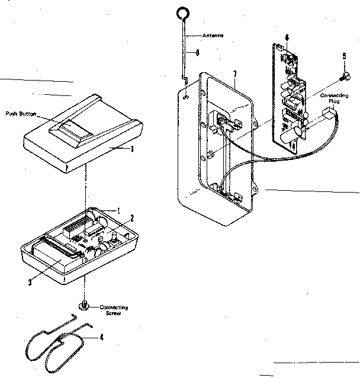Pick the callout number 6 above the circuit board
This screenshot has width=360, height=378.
pos(287,38)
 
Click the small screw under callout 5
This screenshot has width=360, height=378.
pos(343,76)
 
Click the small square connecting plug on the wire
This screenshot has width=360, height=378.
pos(327,115)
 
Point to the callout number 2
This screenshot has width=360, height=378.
pos(133,217)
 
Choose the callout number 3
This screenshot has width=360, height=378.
pos(29,282)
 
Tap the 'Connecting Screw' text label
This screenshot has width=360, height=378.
pos(113,310)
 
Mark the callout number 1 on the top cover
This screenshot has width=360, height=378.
pos(131,149)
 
